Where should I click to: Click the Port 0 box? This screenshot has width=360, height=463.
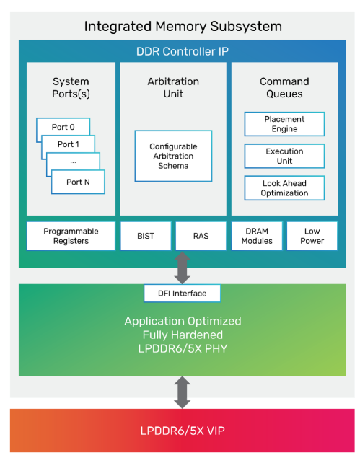pyautogui.click(x=63, y=127)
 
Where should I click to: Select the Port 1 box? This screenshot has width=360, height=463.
pyautogui.click(x=69, y=144)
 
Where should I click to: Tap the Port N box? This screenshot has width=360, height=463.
pyautogui.click(x=78, y=182)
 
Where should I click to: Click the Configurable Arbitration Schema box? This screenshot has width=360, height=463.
pyautogui.click(x=173, y=156)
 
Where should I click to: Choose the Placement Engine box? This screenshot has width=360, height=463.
pyautogui.click(x=284, y=124)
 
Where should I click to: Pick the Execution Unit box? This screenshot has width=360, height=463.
pyautogui.click(x=284, y=156)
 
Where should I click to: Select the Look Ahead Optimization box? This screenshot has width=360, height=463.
pyautogui.click(x=284, y=188)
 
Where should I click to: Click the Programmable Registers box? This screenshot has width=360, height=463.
pyautogui.click(x=71, y=236)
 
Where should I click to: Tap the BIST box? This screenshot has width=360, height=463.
pyautogui.click(x=146, y=236)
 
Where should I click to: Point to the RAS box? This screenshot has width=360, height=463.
pyautogui.click(x=201, y=236)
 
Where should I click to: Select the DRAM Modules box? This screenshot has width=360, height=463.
pyautogui.click(x=257, y=236)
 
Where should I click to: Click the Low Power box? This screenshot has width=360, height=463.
pyautogui.click(x=312, y=236)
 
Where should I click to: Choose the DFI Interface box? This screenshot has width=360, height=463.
pyautogui.click(x=183, y=294)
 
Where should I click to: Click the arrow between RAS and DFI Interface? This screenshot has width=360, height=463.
pyautogui.click(x=183, y=268)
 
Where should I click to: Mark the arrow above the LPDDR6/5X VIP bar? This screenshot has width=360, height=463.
pyautogui.click(x=183, y=392)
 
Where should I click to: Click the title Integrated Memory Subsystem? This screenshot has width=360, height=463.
pyautogui.click(x=183, y=26)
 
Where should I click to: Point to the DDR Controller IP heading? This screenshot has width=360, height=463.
pyautogui.click(x=183, y=51)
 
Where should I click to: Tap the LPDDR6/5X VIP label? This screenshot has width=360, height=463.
pyautogui.click(x=183, y=431)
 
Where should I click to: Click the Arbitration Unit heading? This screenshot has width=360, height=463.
pyautogui.click(x=173, y=87)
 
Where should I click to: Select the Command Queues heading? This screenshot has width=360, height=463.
pyautogui.click(x=284, y=87)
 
